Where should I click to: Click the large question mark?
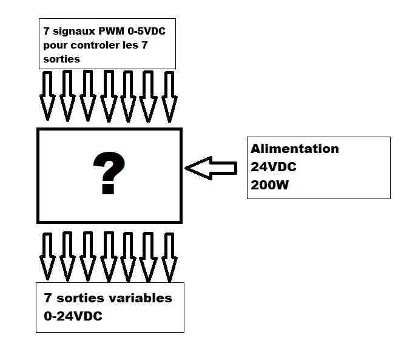[x=109, y=174]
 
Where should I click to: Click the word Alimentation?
[x=295, y=149]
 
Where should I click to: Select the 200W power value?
[x=271, y=185]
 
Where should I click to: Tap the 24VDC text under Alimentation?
[x=274, y=167]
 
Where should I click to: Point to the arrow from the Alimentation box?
[x=211, y=168]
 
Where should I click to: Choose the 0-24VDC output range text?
[x=72, y=316]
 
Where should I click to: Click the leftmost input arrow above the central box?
[x=47, y=95]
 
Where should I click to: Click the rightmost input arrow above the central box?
[x=168, y=95]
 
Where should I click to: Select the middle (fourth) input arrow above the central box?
[x=109, y=95]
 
